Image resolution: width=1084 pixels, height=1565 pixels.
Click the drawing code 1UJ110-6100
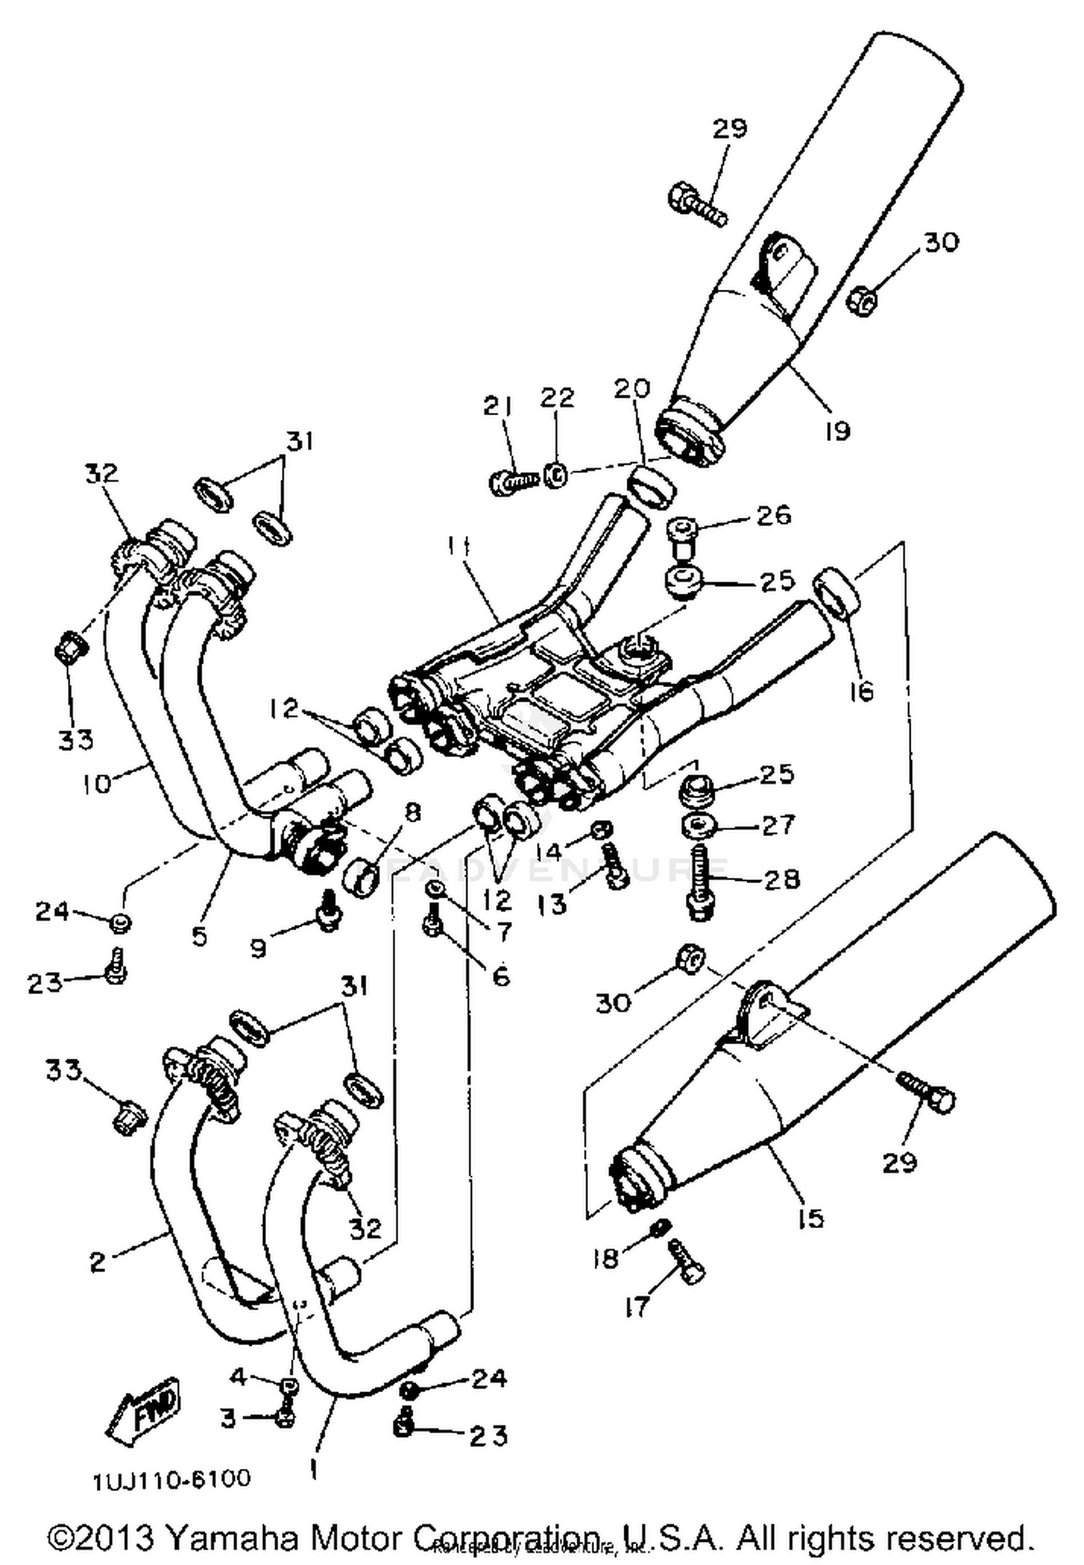point(171,1479)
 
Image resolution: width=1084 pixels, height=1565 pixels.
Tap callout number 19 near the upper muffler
point(837,431)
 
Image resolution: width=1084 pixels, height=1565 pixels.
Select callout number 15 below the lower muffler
point(812,1219)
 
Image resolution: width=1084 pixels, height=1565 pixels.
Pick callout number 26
point(773,515)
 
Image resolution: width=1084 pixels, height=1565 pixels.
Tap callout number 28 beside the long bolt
point(780,879)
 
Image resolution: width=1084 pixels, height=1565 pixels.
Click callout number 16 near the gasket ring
point(861,691)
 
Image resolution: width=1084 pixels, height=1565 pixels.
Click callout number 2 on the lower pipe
point(98,1261)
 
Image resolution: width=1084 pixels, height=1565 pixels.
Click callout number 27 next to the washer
point(778,824)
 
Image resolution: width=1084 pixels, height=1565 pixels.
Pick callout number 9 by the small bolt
point(259,947)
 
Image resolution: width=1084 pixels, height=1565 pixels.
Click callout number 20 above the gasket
point(632,388)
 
